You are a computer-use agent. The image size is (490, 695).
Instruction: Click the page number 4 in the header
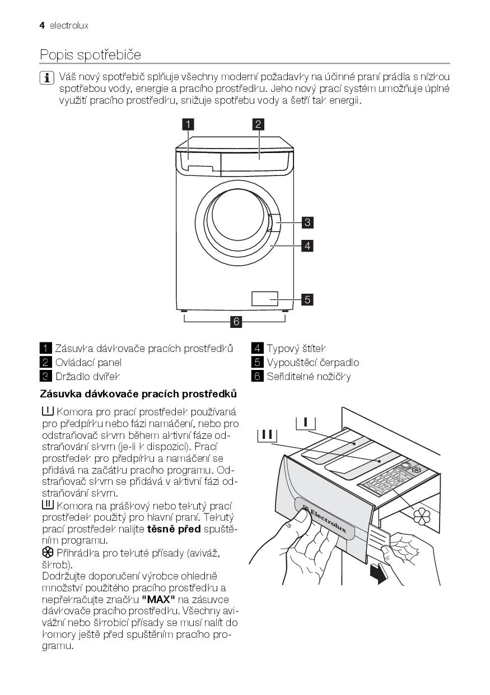pos(42,26)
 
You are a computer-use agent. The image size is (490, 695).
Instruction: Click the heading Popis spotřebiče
pos(90,55)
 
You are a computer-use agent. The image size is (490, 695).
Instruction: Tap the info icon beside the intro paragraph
pos(47,78)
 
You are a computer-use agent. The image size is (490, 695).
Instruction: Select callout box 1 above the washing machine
pos(188,124)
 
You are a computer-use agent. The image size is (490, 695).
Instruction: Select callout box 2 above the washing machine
pos(258,124)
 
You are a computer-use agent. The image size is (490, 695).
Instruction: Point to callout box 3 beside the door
pos(307,223)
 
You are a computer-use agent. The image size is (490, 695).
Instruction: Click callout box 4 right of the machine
pos(307,245)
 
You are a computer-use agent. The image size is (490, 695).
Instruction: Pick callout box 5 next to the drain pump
pos(307,299)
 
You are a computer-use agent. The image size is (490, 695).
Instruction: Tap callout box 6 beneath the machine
pos(236,322)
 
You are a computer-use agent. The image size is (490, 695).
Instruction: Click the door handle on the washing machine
pos(273,223)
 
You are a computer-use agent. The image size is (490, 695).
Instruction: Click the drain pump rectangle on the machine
pos(265,299)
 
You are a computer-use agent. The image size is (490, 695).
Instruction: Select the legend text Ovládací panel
pos(88,363)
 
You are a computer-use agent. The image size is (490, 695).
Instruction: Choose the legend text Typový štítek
pos(297,349)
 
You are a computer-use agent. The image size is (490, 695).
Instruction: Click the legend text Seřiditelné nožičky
pos(309,377)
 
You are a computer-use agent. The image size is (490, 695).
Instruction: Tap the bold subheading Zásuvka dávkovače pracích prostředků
pos(138,394)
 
